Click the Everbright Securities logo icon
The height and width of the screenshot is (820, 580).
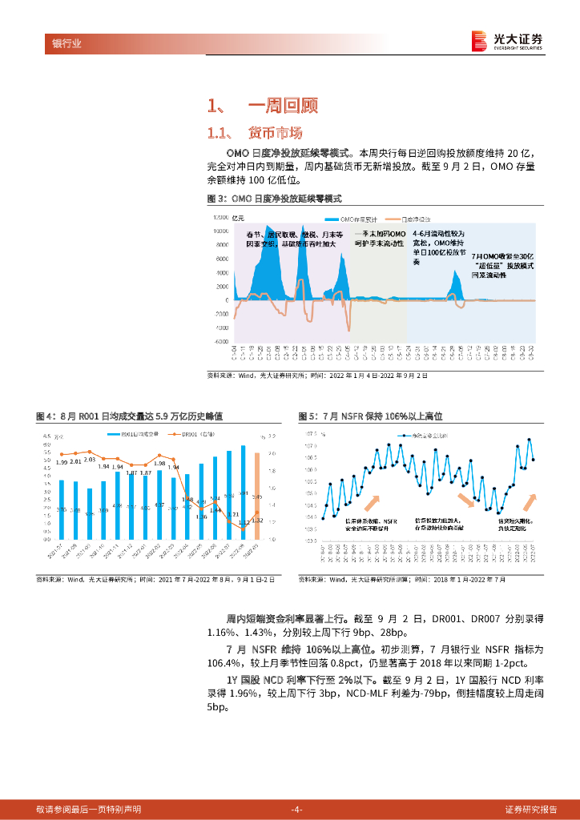[x=479, y=40]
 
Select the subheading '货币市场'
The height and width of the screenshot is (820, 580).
[x=276, y=132]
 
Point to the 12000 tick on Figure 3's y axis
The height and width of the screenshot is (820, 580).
[x=220, y=218]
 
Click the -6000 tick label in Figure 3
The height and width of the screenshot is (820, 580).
[x=221, y=341]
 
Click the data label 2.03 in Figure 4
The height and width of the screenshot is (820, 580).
[x=90, y=460]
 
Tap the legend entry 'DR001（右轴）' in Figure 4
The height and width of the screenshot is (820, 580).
[x=195, y=434]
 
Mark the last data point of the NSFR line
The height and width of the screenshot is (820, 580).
[x=534, y=460]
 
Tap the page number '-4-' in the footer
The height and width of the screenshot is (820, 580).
[x=297, y=809]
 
